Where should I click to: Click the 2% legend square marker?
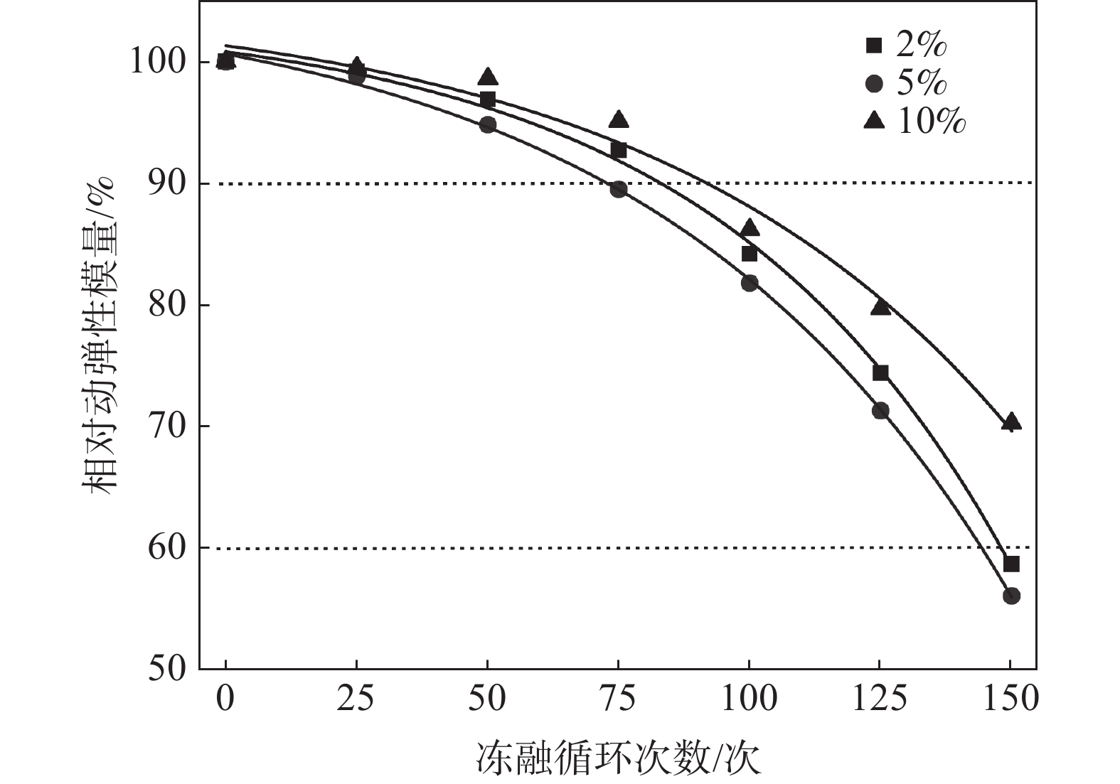pyautogui.click(x=873, y=46)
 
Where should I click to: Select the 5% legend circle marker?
pyautogui.click(x=873, y=85)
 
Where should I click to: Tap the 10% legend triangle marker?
pyautogui.click(x=873, y=122)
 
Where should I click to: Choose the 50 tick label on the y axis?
pyautogui.click(x=166, y=669)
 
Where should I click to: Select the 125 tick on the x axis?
pyautogui.click(x=880, y=699)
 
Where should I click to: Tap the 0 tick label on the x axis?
pyautogui.click(x=225, y=699)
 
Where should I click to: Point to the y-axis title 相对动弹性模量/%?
pyautogui.click(x=100, y=335)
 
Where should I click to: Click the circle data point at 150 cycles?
pyautogui.click(x=1011, y=596)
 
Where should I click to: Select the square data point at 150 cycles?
pyautogui.click(x=1011, y=564)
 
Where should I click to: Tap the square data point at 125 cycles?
pyautogui.click(x=880, y=372)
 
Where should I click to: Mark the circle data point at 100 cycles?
pyautogui.click(x=750, y=283)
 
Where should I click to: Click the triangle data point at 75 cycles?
pyautogui.click(x=619, y=119)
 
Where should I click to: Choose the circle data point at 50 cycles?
pyautogui.click(x=488, y=125)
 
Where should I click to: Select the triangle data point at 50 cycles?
pyautogui.click(x=488, y=77)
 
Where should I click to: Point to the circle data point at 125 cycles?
pyautogui.click(x=880, y=410)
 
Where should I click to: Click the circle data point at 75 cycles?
pyautogui.click(x=619, y=189)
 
